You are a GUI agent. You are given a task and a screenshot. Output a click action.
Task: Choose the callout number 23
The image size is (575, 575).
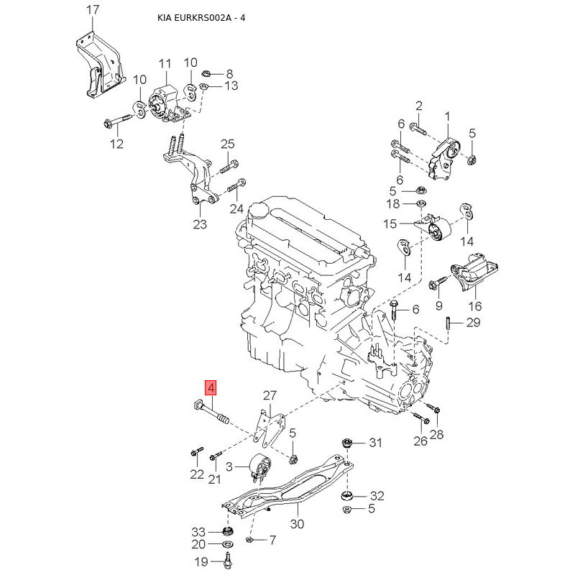200,224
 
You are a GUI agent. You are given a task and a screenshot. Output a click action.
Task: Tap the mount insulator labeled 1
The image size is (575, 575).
443,157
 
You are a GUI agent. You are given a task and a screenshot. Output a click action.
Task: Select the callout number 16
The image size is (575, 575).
475,306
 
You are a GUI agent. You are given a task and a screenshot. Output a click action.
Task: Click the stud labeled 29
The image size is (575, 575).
448,323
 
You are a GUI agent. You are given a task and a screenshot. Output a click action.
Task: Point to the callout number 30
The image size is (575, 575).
297,523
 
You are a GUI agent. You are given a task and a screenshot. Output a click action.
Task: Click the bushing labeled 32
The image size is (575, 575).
351,496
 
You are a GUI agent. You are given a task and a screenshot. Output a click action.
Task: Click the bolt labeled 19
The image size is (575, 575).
228,557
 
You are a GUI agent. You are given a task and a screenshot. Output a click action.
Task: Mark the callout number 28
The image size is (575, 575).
438,433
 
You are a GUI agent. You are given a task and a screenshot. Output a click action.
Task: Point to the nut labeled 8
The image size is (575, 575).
204,73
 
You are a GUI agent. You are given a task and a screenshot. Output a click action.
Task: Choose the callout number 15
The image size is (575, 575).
390,224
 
